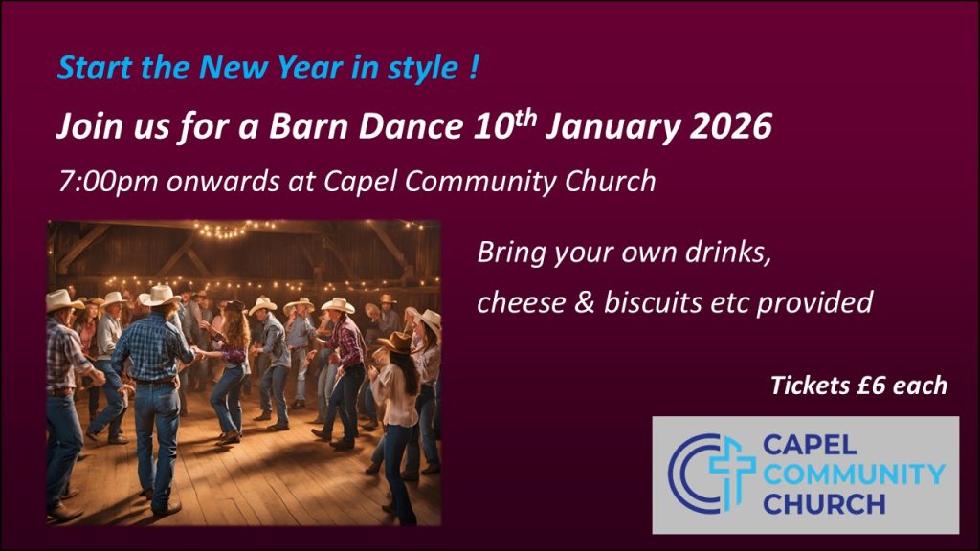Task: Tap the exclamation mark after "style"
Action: pyautogui.click(x=472, y=66)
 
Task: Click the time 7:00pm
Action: pyautogui.click(x=108, y=182)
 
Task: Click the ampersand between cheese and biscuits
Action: pyautogui.click(x=584, y=302)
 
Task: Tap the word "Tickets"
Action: pyautogui.click(x=810, y=386)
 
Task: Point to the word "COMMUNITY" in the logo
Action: pyautogui.click(x=854, y=474)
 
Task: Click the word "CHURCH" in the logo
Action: pyautogui.click(x=824, y=503)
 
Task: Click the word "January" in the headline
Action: pyautogui.click(x=612, y=127)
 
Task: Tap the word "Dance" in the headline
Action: pyautogui.click(x=410, y=126)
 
